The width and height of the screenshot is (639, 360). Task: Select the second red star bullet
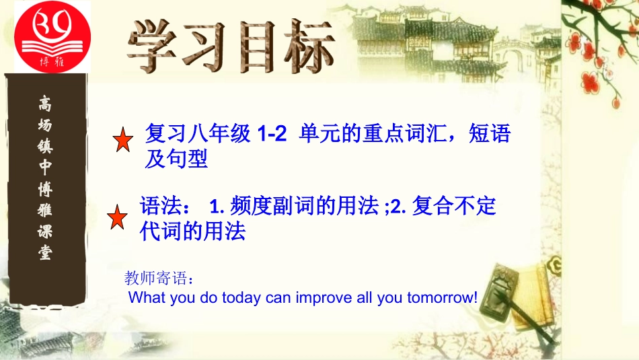118,217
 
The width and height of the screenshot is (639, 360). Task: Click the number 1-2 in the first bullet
272,134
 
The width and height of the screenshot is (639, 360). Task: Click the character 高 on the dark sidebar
46,104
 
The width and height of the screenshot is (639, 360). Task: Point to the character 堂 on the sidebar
46,254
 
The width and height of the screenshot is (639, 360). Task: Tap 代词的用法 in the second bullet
192,232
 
